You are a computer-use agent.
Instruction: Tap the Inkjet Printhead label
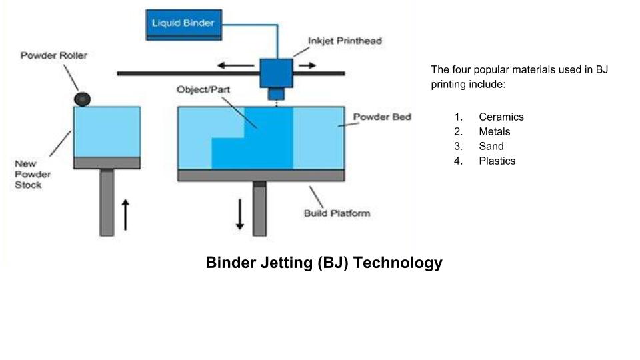345,41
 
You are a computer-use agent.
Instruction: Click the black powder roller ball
82,99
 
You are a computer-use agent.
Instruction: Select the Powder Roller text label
53,55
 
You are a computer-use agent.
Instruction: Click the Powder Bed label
382,117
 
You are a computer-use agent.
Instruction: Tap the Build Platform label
337,213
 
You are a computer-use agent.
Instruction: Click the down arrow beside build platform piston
240,213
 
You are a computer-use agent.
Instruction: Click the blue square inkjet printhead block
276,72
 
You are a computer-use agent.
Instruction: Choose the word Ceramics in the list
501,117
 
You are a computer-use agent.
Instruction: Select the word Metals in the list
494,131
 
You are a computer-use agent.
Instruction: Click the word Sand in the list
491,146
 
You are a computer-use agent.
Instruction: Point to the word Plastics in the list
497,161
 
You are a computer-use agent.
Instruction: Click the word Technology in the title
398,263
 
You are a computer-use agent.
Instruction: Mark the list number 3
458,146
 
